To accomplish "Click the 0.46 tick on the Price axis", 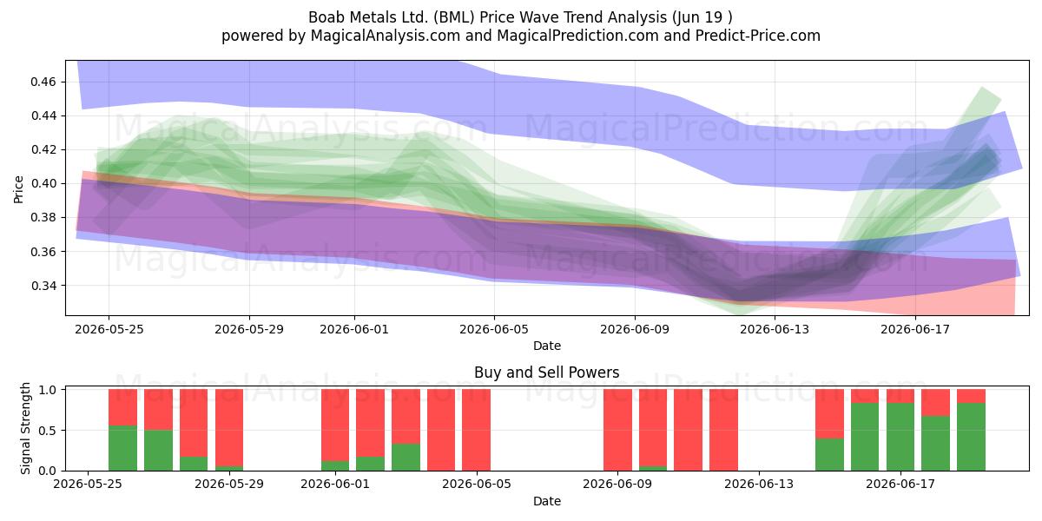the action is pos(43,82).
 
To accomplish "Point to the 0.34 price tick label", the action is pos(43,286).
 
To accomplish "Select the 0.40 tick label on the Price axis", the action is pos(43,184).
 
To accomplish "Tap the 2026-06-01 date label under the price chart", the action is pos(354,329).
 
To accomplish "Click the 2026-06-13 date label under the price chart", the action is pos(775,329).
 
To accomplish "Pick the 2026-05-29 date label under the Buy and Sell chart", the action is pos(229,484).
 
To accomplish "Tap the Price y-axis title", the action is pos(18,189).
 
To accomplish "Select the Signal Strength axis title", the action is pos(25,428).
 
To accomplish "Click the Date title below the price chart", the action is pos(547,346).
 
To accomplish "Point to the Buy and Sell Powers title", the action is pos(546,373).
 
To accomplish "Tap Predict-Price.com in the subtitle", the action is pos(758,36).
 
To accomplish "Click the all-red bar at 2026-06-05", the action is pos(477,430).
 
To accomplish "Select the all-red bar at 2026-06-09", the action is pos(617,430).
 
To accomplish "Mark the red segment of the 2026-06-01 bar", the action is pos(335,425).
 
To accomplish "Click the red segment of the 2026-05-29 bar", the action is pos(229,427).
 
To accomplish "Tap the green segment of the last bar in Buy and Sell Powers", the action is pos(971,437).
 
